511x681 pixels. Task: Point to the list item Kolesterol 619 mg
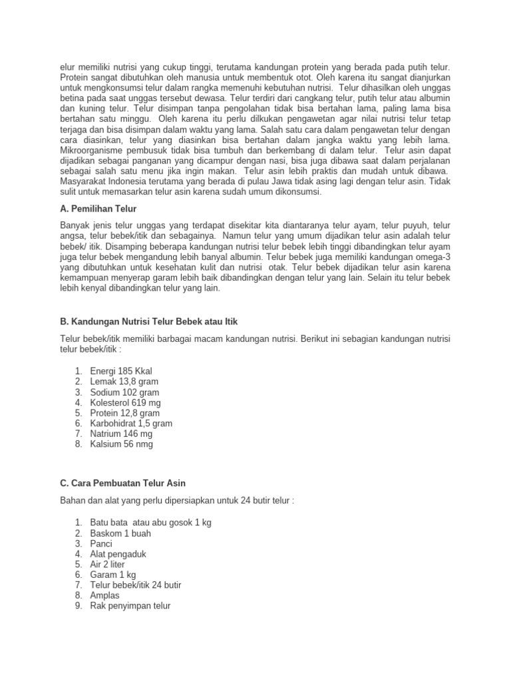[125, 402]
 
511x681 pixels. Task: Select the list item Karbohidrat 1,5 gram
[131, 423]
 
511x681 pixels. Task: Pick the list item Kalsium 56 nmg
[121, 444]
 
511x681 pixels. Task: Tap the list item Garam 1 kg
[114, 574]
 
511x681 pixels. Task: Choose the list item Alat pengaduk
[118, 553]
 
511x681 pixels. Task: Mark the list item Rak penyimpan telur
[130, 606]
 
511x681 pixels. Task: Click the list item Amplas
[105, 595]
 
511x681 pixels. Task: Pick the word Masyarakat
[84, 182]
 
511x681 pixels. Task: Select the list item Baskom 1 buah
[120, 533]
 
